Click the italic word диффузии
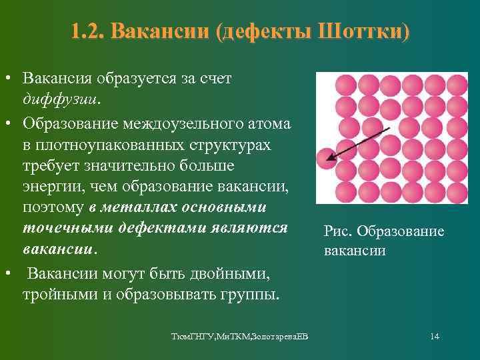pyautogui.click(x=59, y=100)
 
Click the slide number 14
pyautogui.click(x=434, y=335)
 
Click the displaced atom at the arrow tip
pyautogui.click(x=326, y=157)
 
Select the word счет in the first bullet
pyautogui.click(x=216, y=79)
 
